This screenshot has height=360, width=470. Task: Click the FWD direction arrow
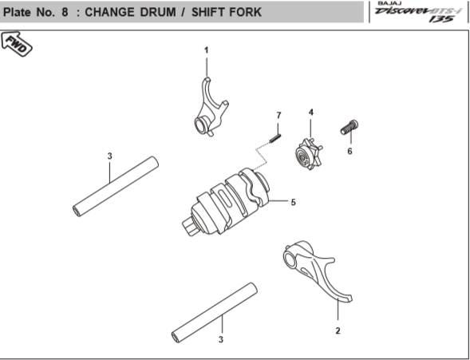(x=17, y=44)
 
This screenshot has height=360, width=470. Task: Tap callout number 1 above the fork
(x=206, y=50)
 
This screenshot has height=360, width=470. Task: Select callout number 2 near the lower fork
(x=338, y=331)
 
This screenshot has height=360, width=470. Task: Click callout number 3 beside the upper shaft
(x=109, y=156)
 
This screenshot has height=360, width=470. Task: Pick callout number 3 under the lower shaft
(x=221, y=339)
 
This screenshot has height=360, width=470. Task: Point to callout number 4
(x=311, y=113)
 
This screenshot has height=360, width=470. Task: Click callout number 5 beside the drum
(x=293, y=202)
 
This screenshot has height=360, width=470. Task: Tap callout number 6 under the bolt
(x=350, y=152)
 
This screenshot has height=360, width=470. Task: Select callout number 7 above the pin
(x=278, y=116)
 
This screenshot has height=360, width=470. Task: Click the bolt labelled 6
(x=350, y=127)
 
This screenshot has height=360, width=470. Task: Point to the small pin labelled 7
(x=275, y=138)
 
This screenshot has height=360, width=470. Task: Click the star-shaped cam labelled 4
(x=308, y=154)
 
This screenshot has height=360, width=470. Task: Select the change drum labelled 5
(x=227, y=201)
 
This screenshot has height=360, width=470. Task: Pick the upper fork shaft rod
(x=116, y=186)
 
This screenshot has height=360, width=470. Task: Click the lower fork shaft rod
(x=215, y=312)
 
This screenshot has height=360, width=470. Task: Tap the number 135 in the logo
(x=441, y=19)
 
